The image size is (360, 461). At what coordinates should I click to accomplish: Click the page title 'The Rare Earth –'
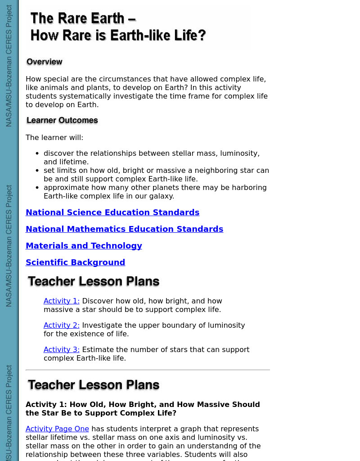(x=83, y=18)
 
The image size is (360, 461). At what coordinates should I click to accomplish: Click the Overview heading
(x=45, y=62)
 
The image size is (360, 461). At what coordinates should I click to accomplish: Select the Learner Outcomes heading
(x=62, y=120)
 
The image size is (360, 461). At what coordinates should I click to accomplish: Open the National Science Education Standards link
(x=112, y=212)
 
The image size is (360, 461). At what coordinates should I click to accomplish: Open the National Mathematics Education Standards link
(x=124, y=229)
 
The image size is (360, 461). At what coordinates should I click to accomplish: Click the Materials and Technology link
(x=84, y=246)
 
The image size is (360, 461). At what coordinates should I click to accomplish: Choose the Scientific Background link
(x=75, y=262)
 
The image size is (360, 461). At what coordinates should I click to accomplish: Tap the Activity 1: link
(x=62, y=301)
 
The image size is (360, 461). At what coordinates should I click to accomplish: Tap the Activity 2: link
(x=62, y=325)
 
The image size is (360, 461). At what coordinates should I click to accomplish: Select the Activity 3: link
(x=62, y=349)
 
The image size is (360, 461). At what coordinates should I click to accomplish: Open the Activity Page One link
(x=57, y=429)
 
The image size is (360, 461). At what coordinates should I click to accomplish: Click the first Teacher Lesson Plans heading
(x=94, y=282)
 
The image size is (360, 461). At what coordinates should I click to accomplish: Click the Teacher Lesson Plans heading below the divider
(x=94, y=385)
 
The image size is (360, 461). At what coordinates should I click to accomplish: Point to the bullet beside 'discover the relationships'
(x=37, y=154)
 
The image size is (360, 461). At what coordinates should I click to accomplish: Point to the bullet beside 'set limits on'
(x=37, y=171)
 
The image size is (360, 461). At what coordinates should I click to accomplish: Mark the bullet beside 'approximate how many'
(x=37, y=188)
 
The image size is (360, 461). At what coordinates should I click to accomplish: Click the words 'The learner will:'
(x=54, y=137)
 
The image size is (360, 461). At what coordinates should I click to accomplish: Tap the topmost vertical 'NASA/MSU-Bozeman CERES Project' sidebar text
(x=9, y=66)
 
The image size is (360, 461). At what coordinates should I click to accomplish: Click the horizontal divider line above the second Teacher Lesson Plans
(x=148, y=370)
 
